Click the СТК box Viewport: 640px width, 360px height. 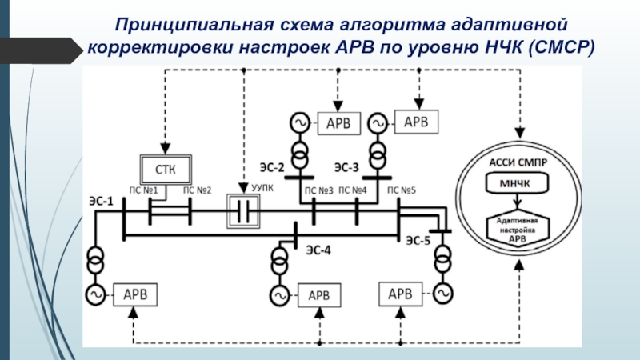(x=166, y=169)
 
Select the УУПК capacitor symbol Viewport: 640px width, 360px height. (x=244, y=212)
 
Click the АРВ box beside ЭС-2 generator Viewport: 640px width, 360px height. (x=342, y=123)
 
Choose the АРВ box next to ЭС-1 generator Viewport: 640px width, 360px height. (x=134, y=294)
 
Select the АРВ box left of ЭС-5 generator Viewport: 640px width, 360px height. (x=400, y=294)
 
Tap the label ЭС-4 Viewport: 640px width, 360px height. (x=318, y=249)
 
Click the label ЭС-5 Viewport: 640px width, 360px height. (x=418, y=239)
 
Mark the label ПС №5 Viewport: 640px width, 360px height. (x=402, y=190)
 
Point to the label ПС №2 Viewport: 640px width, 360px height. (x=197, y=190)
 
